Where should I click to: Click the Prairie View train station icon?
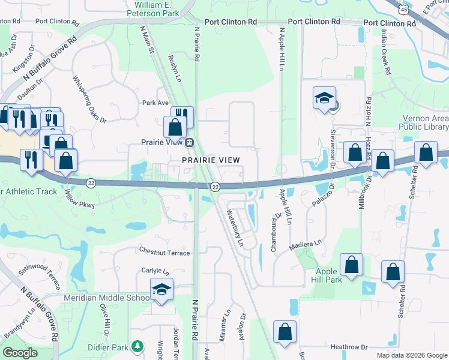(189, 143)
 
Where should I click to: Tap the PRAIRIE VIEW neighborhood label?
(211, 160)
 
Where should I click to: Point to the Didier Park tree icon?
(138, 347)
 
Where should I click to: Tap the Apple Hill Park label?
(331, 275)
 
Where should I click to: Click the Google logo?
(20, 353)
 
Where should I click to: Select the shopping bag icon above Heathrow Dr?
(285, 332)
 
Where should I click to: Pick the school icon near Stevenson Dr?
(324, 98)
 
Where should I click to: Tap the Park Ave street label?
(155, 103)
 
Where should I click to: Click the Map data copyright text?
(411, 355)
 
